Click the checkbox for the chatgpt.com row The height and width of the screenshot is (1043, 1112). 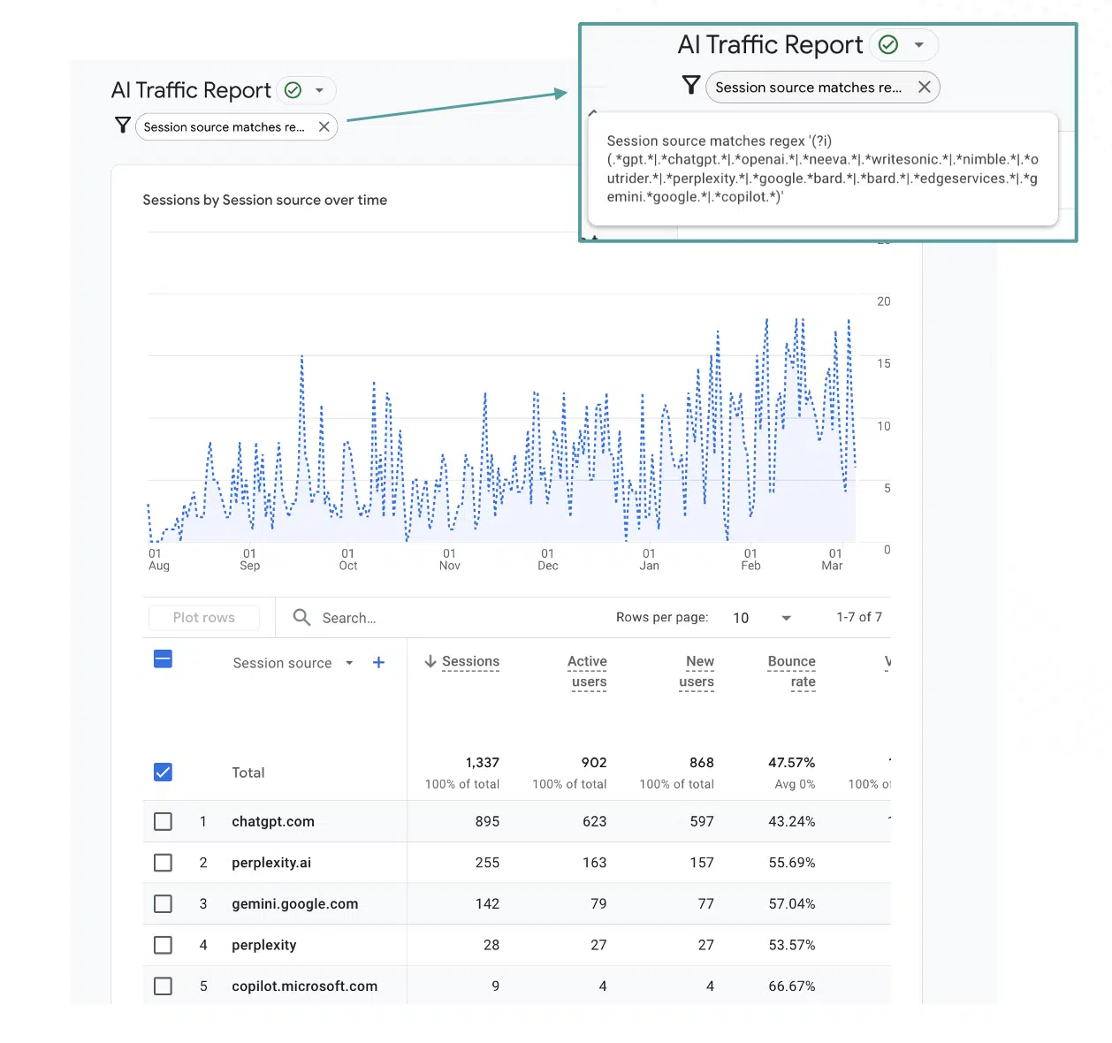click(163, 821)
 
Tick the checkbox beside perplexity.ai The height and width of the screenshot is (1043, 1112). click(163, 862)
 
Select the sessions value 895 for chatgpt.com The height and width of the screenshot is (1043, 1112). click(487, 821)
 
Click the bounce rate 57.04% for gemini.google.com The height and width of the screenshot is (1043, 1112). click(791, 903)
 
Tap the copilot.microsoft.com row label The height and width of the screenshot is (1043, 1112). click(304, 986)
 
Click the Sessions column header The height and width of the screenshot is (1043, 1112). click(469, 661)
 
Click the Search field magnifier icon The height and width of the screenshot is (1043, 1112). click(301, 617)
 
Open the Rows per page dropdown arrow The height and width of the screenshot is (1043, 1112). click(786, 618)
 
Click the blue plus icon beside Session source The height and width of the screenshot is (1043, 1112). click(378, 662)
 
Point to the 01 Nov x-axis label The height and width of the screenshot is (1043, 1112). click(449, 560)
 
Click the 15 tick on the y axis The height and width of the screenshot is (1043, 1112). click(883, 363)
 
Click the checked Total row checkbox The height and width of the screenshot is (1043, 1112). click(163, 772)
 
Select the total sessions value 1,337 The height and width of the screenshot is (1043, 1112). click(482, 762)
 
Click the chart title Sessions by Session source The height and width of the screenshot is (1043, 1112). click(264, 200)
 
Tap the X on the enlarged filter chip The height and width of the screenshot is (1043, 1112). click(924, 87)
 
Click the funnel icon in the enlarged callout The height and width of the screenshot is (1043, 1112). click(691, 85)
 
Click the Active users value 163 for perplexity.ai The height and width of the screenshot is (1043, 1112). click(594, 862)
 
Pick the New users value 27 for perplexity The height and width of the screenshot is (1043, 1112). click(705, 945)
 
